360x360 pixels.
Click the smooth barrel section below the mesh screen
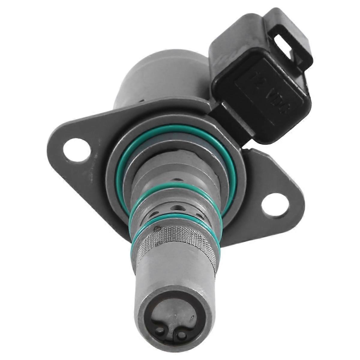pos(171,276)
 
